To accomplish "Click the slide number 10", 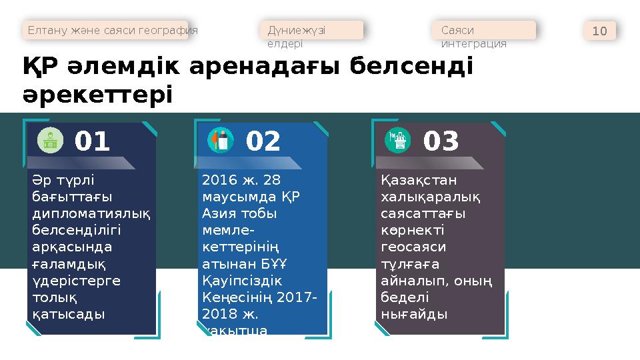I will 599,31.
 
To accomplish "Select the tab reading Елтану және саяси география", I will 111,31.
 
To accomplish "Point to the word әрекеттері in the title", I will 97,94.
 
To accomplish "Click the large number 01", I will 92,141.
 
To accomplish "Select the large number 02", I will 263,141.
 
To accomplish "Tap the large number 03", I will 441,141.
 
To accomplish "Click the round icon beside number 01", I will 49,140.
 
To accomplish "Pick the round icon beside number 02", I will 220,140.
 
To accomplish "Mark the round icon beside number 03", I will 399,140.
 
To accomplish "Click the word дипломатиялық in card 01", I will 91,213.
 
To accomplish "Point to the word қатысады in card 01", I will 69,313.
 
